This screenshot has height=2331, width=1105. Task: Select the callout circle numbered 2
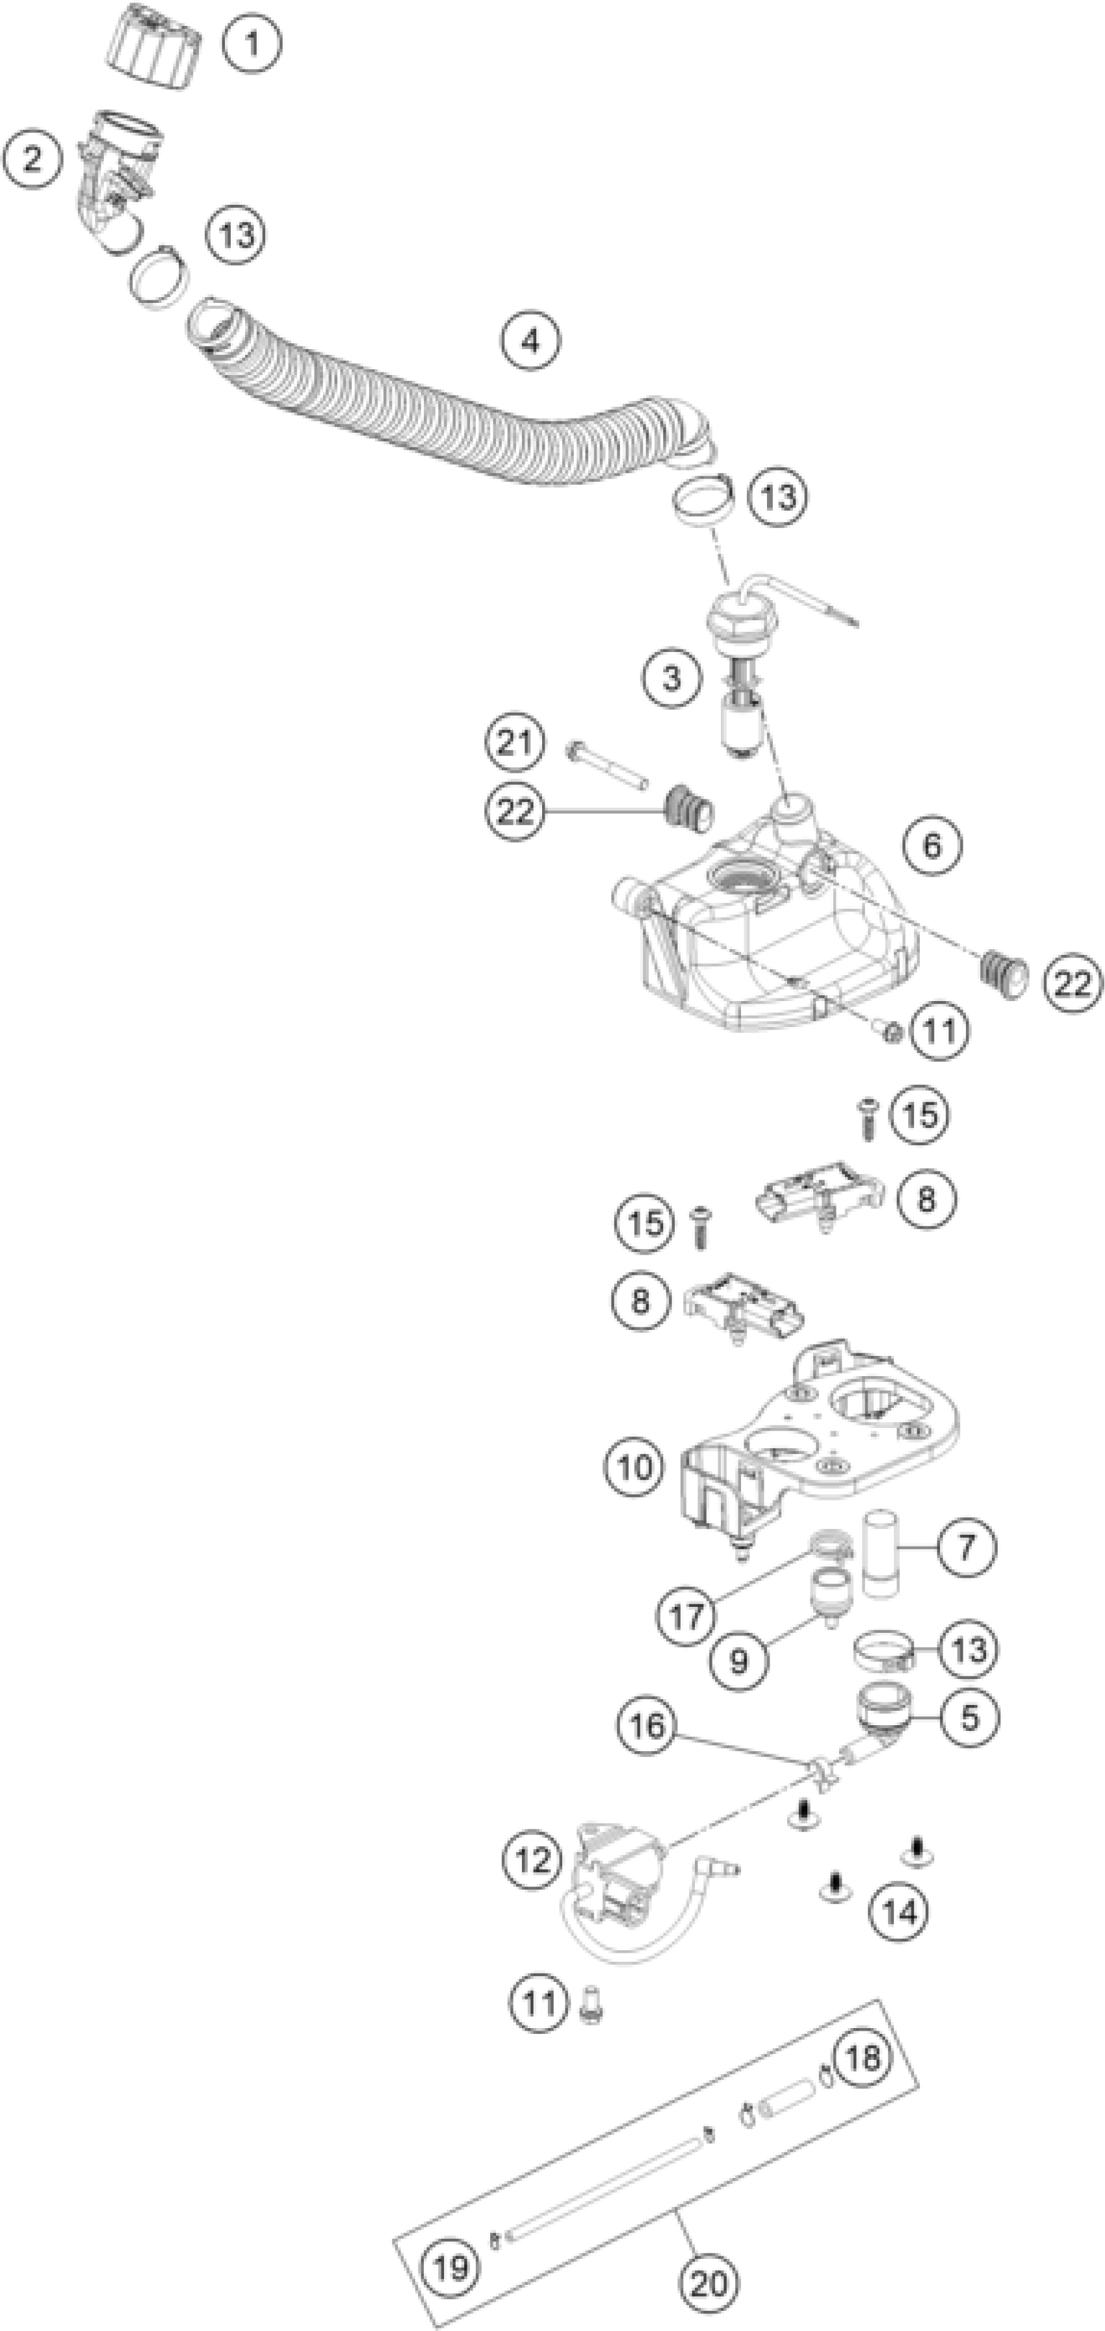[32, 160]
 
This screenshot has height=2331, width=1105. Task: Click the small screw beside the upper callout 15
[868, 1119]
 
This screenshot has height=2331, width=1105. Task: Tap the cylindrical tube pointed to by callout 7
[879, 1553]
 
